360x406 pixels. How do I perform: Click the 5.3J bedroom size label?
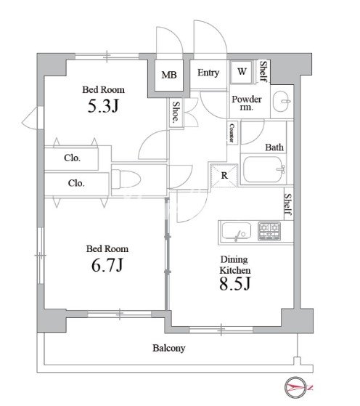(x=103, y=106)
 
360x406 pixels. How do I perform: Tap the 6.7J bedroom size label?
(x=107, y=265)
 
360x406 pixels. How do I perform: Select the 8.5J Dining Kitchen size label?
(x=234, y=283)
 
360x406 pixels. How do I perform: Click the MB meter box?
(x=169, y=75)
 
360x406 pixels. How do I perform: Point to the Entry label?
(x=208, y=73)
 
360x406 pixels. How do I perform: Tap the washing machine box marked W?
(x=241, y=72)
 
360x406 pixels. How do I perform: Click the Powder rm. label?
(x=246, y=103)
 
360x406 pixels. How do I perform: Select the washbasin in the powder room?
(x=282, y=101)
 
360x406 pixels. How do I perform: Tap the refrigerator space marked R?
(x=224, y=175)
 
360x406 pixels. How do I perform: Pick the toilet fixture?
(x=126, y=179)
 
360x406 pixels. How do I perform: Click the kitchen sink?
(x=237, y=231)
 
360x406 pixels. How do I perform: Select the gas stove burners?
(x=269, y=231)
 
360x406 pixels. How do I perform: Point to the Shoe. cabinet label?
(x=176, y=112)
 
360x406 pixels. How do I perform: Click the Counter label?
(x=232, y=133)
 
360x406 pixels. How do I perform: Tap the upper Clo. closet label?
(x=72, y=158)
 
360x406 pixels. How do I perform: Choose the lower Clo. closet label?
(x=76, y=183)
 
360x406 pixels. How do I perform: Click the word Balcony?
(x=168, y=348)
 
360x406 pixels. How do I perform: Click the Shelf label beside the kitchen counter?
(x=288, y=204)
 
